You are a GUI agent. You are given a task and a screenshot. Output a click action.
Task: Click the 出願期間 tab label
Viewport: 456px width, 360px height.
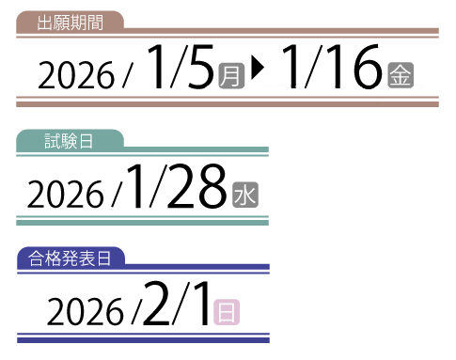point(70,22)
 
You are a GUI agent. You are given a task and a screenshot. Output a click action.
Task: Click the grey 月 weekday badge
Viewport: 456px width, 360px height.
point(230,74)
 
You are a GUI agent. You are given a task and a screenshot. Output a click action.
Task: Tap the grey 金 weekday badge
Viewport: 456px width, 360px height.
point(399,74)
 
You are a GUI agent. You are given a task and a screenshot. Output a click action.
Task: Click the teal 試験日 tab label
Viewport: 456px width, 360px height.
point(70,141)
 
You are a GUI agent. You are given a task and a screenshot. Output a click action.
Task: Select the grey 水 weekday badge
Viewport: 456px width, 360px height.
point(244,195)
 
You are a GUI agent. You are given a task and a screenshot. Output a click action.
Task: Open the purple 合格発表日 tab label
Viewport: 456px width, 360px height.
point(70,258)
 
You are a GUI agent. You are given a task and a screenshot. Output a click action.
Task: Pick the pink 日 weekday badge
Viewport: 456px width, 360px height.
point(226,311)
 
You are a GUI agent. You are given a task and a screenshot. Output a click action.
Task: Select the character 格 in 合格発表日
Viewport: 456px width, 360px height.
point(53,258)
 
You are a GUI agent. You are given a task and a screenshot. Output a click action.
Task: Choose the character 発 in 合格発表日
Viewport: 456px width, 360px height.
point(70,258)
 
